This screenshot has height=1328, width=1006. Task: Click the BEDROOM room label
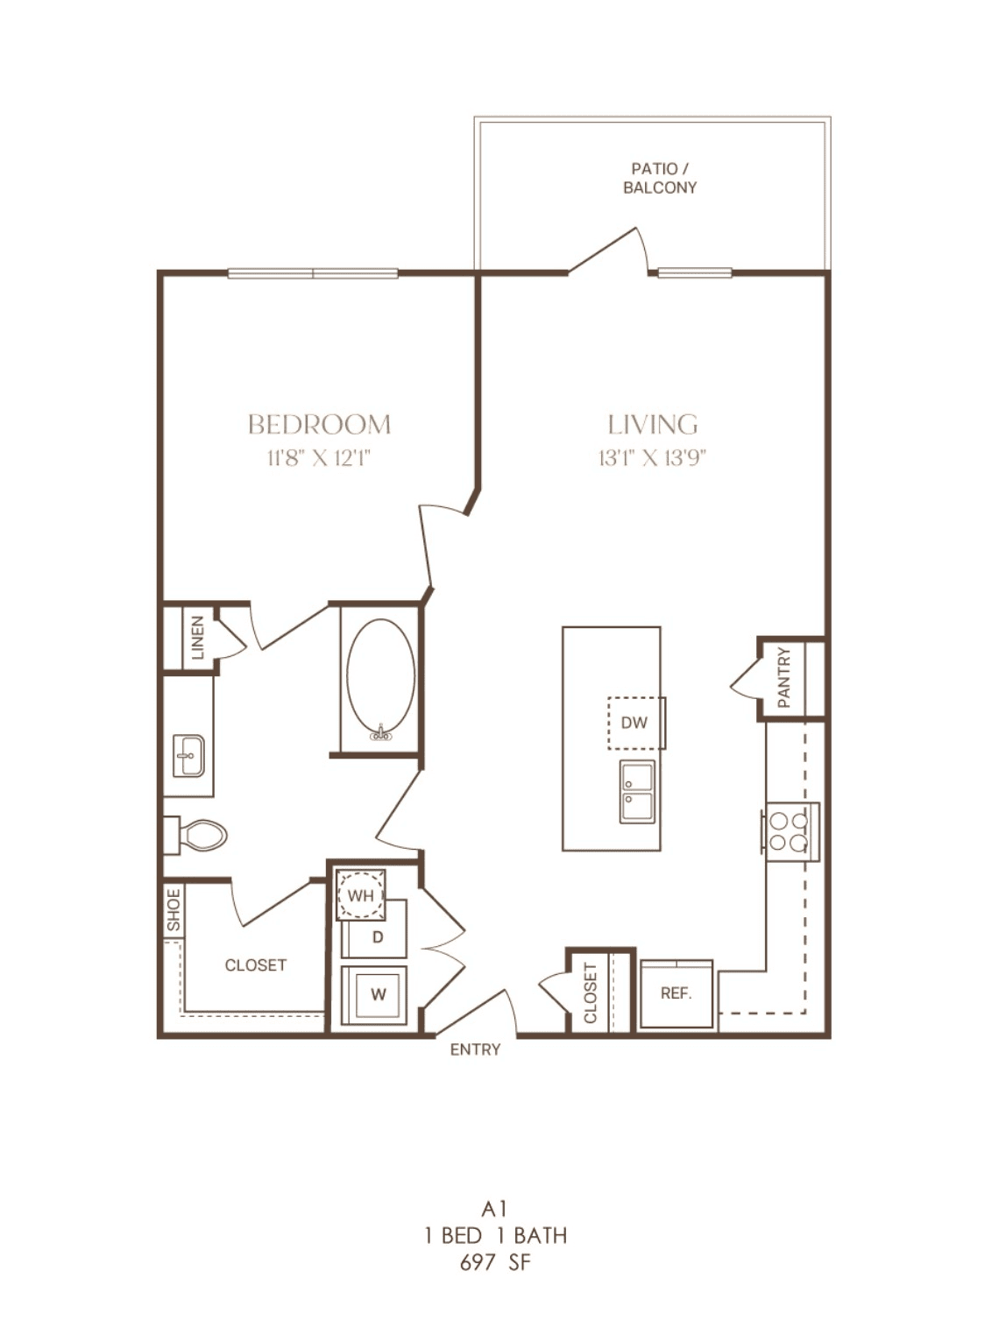click(x=319, y=424)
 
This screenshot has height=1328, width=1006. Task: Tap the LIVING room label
click(x=653, y=424)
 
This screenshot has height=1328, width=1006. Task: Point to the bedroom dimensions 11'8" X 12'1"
click(x=318, y=458)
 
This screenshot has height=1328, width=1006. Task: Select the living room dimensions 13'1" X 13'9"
click(x=653, y=458)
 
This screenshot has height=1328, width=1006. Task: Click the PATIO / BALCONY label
click(x=660, y=178)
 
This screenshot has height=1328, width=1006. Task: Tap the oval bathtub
click(x=380, y=680)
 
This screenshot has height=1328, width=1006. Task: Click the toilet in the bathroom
click(x=195, y=835)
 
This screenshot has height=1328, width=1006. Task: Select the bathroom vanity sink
click(x=188, y=756)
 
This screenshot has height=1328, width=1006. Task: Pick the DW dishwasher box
click(x=636, y=723)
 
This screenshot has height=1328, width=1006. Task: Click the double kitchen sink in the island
click(x=637, y=792)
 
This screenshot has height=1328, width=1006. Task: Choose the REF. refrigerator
click(x=677, y=993)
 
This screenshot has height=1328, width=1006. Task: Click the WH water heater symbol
click(x=361, y=894)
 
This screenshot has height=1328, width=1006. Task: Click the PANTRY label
click(x=784, y=677)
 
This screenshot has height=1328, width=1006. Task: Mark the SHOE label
click(x=174, y=910)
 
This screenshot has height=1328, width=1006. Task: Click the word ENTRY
click(x=475, y=1049)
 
